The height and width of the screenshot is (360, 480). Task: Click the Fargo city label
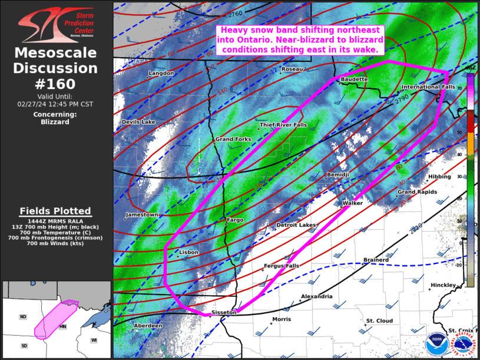pos(235,220)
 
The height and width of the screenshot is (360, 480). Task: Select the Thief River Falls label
pos(283,125)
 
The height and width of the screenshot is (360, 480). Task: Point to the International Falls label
pos(428,87)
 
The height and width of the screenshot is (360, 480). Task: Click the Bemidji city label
pos(338,175)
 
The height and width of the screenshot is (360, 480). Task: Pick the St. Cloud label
pos(379,321)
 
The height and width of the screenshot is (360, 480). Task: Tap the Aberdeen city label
pos(148,325)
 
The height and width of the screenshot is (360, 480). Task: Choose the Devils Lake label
pos(138,122)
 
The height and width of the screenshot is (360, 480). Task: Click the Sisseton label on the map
pos(224,312)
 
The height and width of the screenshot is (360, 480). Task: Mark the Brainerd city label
pos(376,260)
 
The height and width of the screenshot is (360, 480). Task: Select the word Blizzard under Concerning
pos(55,122)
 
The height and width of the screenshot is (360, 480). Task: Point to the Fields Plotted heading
pos(55,211)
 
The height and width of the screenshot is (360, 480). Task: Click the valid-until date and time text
pos(55,104)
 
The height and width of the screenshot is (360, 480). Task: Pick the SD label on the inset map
pos(24,345)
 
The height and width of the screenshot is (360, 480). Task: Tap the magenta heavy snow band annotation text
pos(300,40)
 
